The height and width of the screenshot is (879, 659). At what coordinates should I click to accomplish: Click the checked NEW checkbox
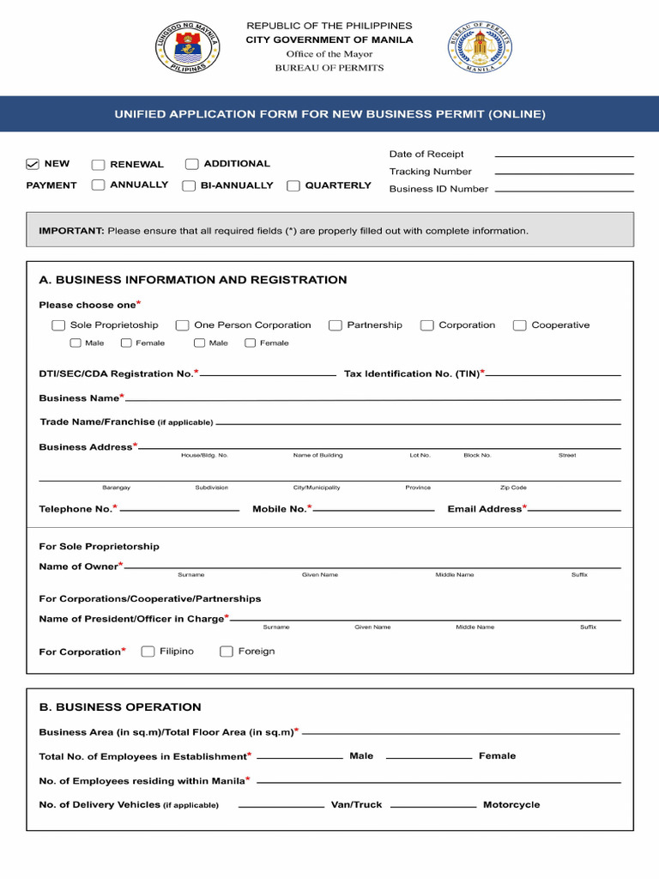tap(33, 164)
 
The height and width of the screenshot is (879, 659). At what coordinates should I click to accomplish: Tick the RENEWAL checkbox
tap(99, 165)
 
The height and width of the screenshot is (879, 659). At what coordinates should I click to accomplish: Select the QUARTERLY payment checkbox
tap(293, 185)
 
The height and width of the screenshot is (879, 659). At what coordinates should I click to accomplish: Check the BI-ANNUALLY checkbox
tap(189, 185)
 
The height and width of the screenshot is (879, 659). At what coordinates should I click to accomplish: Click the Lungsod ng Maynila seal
tap(187, 46)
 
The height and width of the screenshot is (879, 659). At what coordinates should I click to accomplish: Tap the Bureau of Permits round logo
tap(479, 46)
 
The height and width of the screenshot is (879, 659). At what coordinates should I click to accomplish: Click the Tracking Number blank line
tap(564, 173)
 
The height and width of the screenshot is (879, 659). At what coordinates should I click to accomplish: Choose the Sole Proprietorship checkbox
tap(58, 325)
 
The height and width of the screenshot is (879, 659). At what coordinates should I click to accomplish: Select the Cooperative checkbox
tap(519, 325)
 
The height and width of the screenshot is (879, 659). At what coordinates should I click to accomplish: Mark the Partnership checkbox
tap(336, 325)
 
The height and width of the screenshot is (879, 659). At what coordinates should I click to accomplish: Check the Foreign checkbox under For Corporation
tap(227, 652)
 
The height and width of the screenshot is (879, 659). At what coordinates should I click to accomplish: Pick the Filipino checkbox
tap(148, 652)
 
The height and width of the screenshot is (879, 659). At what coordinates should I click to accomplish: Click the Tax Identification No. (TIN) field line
tap(553, 375)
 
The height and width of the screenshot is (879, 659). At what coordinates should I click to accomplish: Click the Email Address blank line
tap(574, 510)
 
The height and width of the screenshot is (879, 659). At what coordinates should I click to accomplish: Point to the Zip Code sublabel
tap(513, 488)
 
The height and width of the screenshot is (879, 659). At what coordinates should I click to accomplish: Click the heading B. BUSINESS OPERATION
tap(120, 707)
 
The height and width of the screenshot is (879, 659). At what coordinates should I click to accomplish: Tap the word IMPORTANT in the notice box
tap(71, 231)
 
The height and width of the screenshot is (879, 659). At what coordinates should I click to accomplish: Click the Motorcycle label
tap(511, 805)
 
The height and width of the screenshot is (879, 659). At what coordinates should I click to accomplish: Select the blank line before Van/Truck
tap(281, 806)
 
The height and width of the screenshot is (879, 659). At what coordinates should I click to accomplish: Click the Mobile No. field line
tap(374, 510)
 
